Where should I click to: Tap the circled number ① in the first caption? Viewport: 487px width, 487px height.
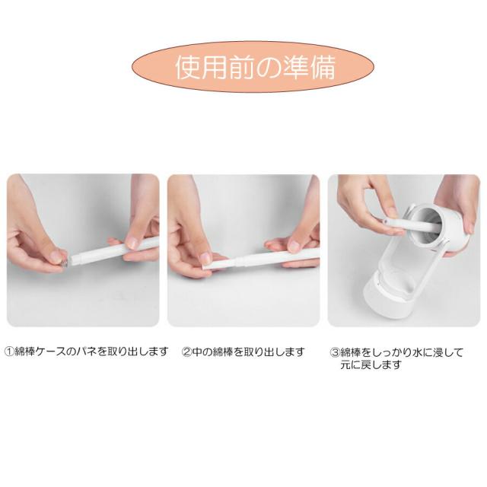click(10, 352)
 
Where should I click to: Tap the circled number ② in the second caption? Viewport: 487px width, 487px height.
click(186, 352)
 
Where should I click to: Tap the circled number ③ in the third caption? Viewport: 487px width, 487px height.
click(334, 353)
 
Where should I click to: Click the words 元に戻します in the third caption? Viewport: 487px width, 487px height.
click(371, 365)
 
